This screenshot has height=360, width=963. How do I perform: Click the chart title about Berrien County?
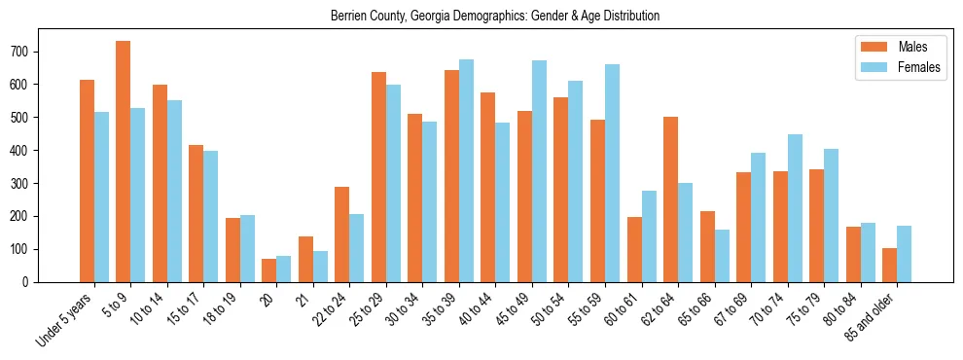pos(494,17)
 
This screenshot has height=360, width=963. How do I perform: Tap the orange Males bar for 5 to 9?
pos(124,162)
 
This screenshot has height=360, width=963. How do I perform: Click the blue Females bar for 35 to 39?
pos(466,171)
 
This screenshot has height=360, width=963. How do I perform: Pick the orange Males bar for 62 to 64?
pos(670,199)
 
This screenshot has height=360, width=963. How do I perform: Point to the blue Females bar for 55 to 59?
pos(612,173)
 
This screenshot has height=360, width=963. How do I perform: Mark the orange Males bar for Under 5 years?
pos(87,181)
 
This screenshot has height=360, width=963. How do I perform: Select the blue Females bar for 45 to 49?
pos(539,171)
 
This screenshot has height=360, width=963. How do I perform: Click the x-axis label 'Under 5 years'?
pos(64,319)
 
